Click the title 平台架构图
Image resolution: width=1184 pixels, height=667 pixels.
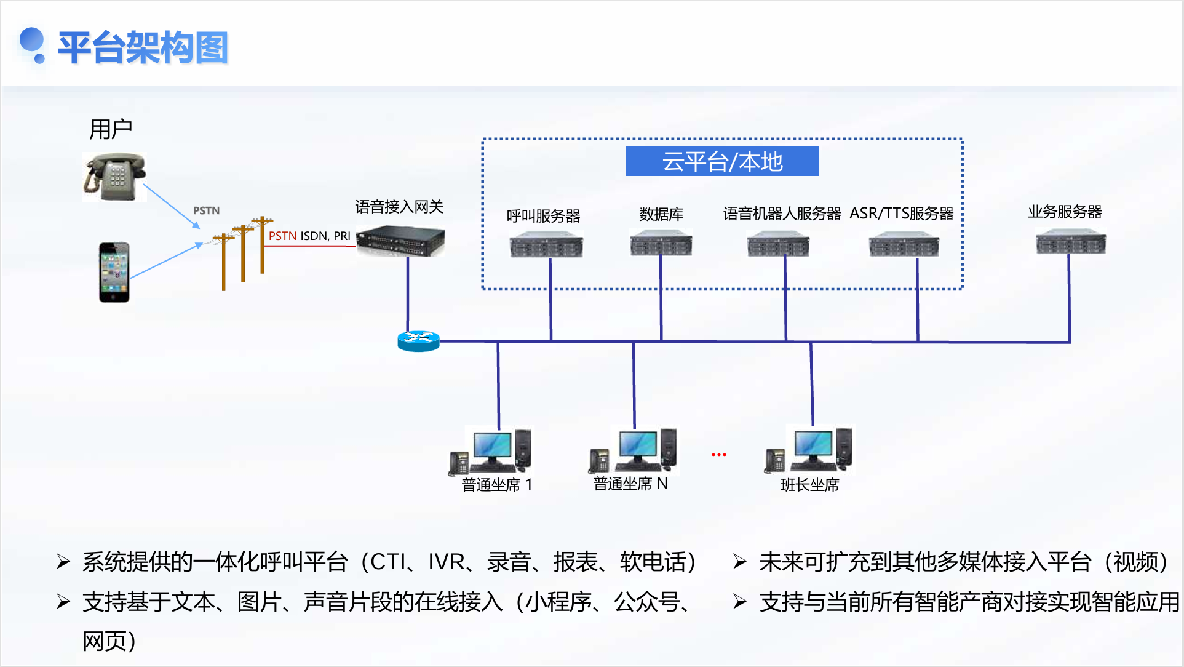point(143,47)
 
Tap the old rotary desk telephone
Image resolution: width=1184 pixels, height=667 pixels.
point(114,177)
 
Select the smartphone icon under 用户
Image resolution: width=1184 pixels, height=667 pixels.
point(114,272)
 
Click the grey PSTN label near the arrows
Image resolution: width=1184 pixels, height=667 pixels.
point(206,210)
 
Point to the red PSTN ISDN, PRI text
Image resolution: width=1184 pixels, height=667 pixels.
point(309,236)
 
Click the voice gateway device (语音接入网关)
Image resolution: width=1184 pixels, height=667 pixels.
point(400,241)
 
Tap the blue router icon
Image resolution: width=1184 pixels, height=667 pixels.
point(418,341)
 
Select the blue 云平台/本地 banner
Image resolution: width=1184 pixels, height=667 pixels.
point(721,161)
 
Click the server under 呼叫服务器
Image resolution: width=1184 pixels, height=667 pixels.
point(546,244)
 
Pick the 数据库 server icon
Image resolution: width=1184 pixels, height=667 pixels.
point(661,243)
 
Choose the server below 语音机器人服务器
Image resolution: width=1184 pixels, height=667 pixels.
point(778,244)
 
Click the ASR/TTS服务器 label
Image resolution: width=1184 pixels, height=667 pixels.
point(901,214)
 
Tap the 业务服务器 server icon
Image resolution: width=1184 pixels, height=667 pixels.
point(1070,242)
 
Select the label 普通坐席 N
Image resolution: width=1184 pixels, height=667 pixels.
point(630,484)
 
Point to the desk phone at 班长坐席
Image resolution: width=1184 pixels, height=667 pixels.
point(775,460)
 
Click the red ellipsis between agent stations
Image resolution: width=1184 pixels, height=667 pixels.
point(718,455)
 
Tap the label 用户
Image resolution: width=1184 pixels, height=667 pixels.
point(111,129)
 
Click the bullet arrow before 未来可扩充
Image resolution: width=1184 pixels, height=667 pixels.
point(740,562)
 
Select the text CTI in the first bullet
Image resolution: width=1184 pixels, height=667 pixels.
point(387,562)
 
